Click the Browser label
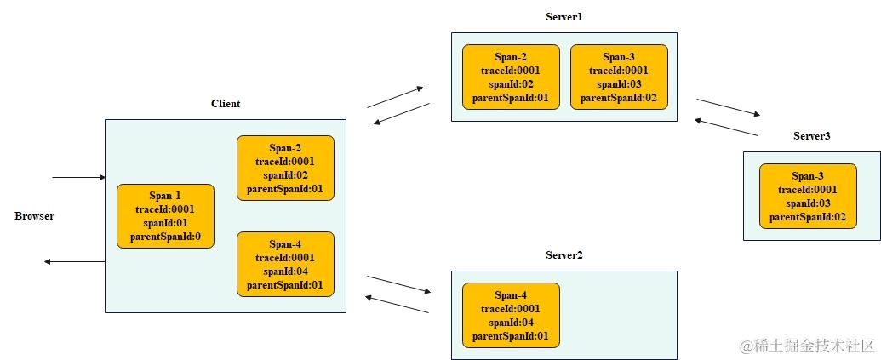tap(34, 216)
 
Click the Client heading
tap(226, 104)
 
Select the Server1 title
tap(563, 17)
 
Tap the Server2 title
tap(563, 255)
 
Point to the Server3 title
tap(811, 136)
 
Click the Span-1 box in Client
tap(165, 216)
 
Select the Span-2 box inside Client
tap(285, 168)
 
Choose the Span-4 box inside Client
tap(285, 264)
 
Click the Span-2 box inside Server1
tap(511, 77)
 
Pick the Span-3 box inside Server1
tap(619, 77)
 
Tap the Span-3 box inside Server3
tap(808, 196)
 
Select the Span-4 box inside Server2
tap(511, 315)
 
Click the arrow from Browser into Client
tap(78, 178)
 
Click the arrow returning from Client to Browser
tap(75, 261)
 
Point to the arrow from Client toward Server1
tap(395, 97)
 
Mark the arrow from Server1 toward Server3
tap(728, 107)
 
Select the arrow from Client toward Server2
tap(398, 283)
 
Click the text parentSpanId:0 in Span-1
tap(165, 237)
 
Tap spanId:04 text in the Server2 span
tap(511, 323)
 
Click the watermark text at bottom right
tap(807, 346)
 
